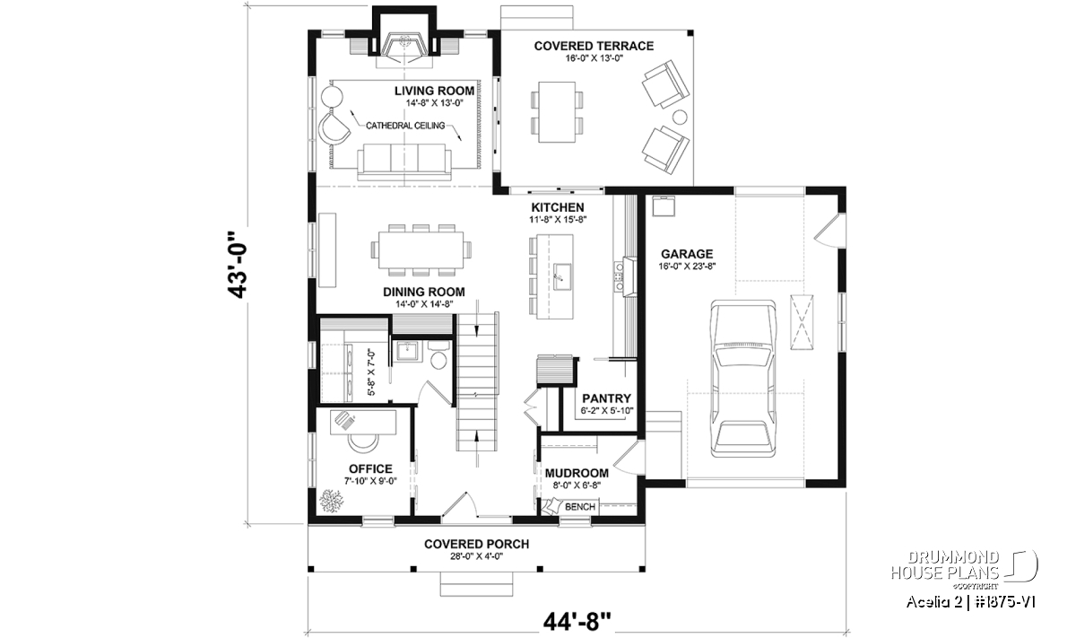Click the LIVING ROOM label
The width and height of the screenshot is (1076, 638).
[434, 91]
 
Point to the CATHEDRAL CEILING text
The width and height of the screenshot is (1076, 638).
[405, 126]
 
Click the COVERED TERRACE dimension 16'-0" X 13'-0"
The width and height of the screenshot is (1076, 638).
[594, 58]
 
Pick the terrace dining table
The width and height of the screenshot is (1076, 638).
[557, 112]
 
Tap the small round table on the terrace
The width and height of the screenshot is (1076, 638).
[680, 117]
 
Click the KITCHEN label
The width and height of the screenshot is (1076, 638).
[557, 207]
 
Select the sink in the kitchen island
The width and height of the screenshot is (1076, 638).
[561, 276]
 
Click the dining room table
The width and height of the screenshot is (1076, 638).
[421, 250]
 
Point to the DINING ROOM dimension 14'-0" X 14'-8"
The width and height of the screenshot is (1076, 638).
[424, 304]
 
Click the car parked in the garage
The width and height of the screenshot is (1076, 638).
[743, 379]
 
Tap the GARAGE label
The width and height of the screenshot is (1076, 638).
[687, 254]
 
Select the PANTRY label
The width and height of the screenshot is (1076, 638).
[606, 398]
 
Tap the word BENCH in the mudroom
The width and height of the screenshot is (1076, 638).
[580, 507]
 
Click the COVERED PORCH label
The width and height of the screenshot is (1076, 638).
[476, 544]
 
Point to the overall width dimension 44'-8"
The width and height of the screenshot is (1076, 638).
[577, 622]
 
